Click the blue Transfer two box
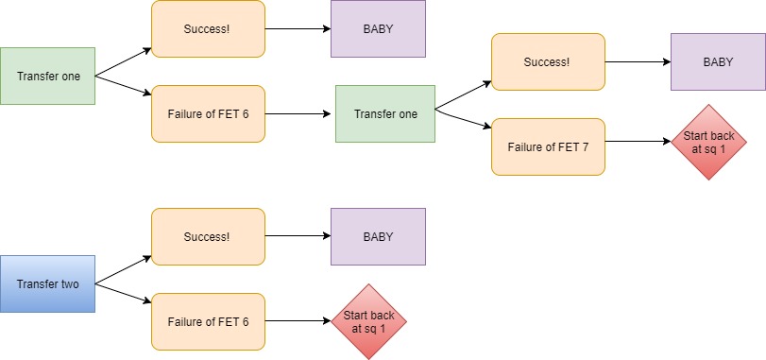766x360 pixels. tap(47, 283)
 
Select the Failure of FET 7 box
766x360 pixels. tap(548, 146)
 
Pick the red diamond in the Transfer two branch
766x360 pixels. tap(367, 321)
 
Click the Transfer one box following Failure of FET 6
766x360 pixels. tap(384, 113)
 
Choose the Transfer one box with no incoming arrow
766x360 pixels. tap(47, 76)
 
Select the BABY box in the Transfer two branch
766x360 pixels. tap(378, 236)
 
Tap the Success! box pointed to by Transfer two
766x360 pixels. tap(208, 236)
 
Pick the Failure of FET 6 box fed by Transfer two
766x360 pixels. tap(208, 321)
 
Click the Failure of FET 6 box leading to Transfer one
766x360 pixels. tap(208, 113)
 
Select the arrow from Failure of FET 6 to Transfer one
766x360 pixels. tap(299, 113)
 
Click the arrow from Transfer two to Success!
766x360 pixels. tap(123, 269)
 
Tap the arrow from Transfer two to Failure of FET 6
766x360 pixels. tap(123, 292)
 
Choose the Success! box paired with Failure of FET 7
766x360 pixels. tap(548, 61)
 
